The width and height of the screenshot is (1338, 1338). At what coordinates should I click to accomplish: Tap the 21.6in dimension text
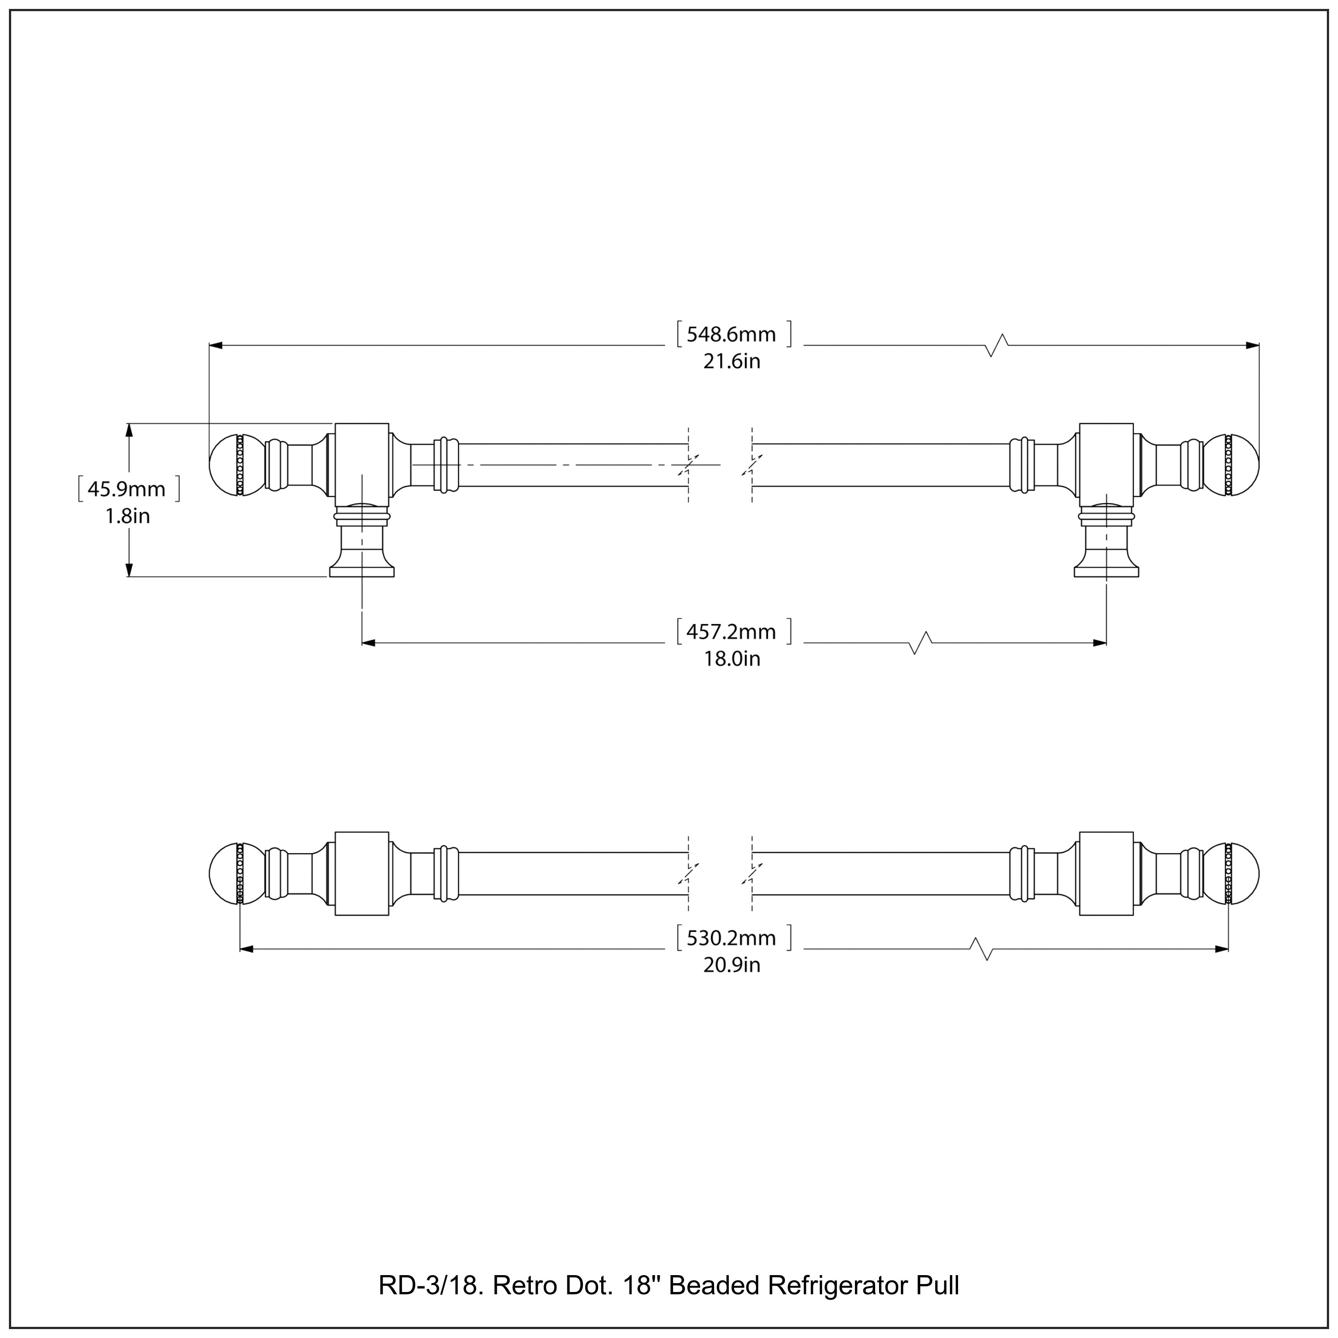coord(731,362)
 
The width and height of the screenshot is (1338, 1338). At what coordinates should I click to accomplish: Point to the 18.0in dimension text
coord(731,659)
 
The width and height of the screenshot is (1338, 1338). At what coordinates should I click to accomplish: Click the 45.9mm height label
coord(127,489)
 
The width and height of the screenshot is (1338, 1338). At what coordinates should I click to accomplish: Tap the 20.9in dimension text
coord(731,965)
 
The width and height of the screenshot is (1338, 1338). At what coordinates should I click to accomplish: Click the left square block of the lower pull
coord(362,873)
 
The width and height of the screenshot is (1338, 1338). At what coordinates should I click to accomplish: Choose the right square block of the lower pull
coord(1106,873)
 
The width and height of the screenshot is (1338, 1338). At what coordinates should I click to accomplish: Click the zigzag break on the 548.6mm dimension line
coord(997,345)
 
